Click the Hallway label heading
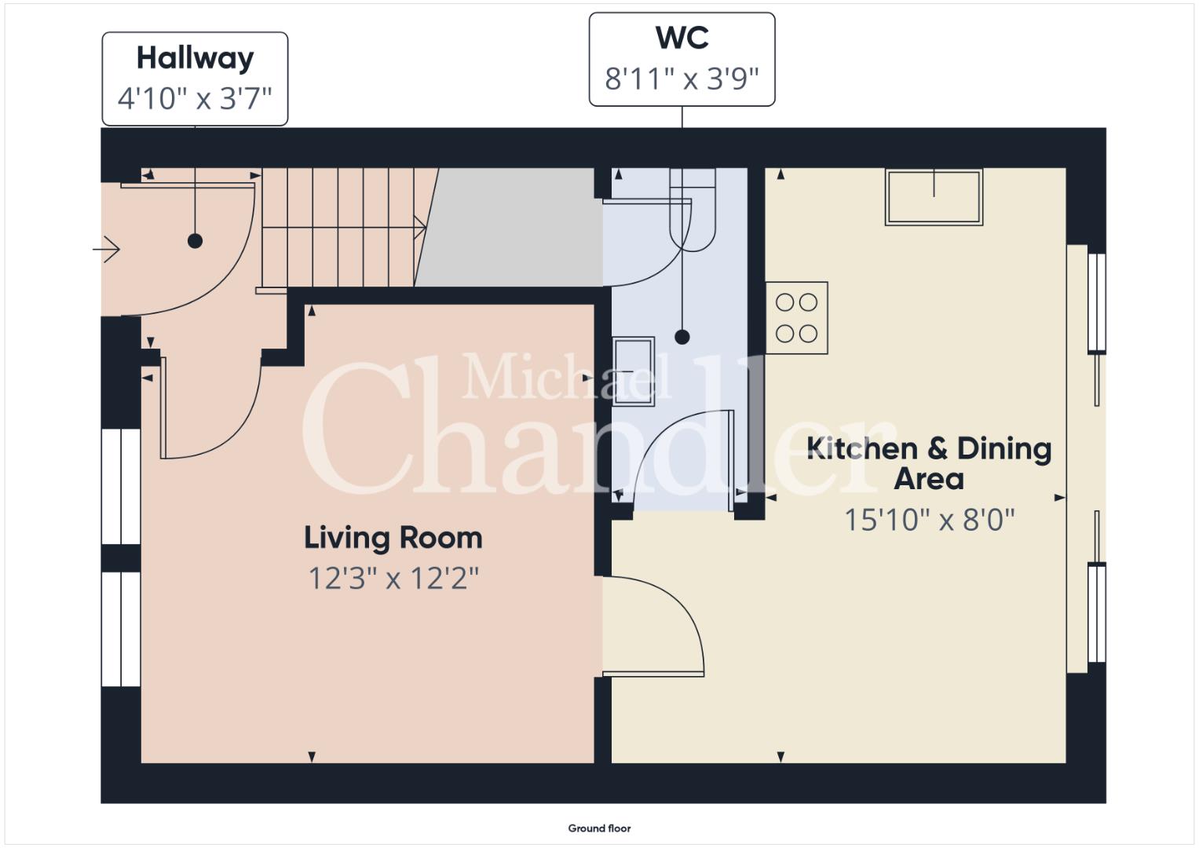[195, 58]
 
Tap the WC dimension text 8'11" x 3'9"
[682, 79]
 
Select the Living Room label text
[393, 538]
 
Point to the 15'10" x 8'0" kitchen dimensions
[929, 520]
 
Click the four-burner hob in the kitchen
[796, 318]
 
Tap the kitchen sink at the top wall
[934, 197]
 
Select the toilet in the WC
[693, 210]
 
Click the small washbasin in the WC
[633, 371]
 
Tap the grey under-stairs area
[509, 228]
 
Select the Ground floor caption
[600, 828]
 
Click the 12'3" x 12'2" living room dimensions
[393, 579]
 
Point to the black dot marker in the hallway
[195, 241]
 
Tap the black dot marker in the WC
[682, 337]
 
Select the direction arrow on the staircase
[420, 227]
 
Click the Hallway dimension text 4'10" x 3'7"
[195, 99]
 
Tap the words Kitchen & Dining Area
[929, 463]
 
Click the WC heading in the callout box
[682, 38]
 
